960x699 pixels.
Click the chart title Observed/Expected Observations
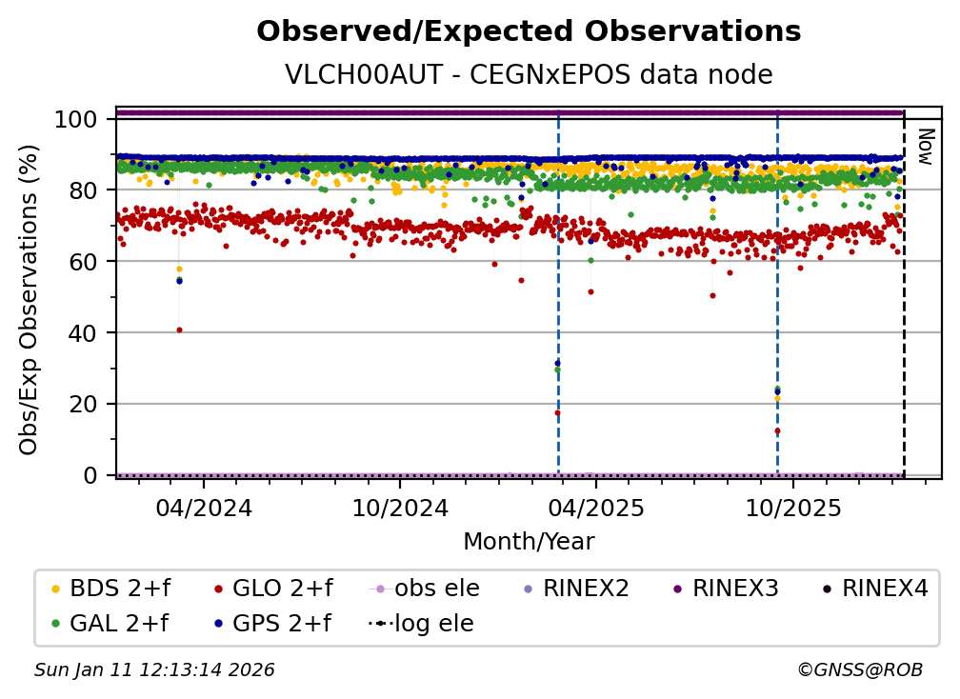pyautogui.click(x=529, y=31)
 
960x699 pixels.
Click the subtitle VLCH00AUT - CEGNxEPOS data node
pyautogui.click(x=529, y=74)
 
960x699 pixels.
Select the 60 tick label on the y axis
pyautogui.click(x=87, y=262)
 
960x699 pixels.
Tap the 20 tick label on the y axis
pyautogui.click(x=87, y=404)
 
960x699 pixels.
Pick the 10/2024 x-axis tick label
pyautogui.click(x=400, y=507)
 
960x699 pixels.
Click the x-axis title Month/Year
pyautogui.click(x=529, y=542)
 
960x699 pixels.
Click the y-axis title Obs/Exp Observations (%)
pyautogui.click(x=30, y=299)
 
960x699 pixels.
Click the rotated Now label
pyautogui.click(x=924, y=147)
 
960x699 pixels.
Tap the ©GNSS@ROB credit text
pyautogui.click(x=859, y=670)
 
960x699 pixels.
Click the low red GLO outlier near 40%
pyautogui.click(x=179, y=330)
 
